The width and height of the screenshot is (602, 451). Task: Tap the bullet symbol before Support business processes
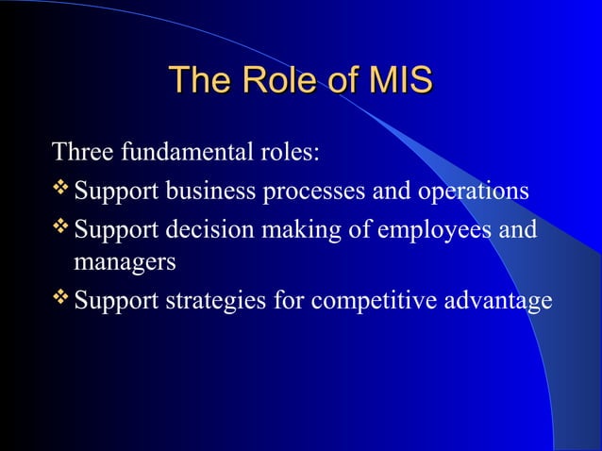[x=62, y=191]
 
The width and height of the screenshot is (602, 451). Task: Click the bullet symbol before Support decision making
[x=62, y=229]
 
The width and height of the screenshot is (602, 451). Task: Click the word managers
[x=125, y=264]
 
